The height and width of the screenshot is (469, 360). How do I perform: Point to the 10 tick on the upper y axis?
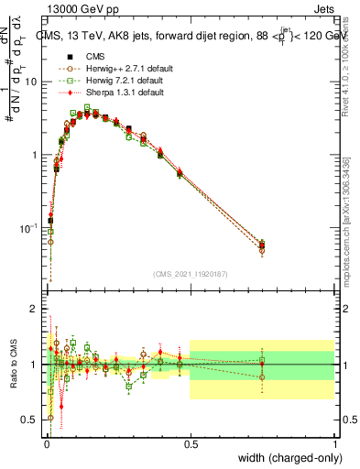pyautogui.click(x=34, y=82)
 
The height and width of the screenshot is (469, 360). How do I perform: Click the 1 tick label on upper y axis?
pyautogui.click(x=37, y=155)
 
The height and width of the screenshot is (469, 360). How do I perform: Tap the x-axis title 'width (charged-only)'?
pyautogui.click(x=286, y=457)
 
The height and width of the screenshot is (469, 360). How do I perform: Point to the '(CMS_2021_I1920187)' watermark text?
pyautogui.click(x=190, y=274)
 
